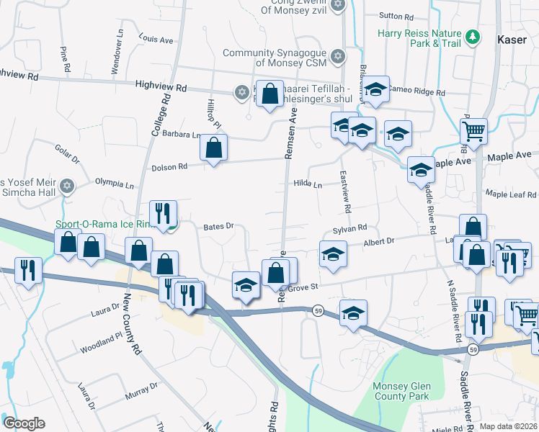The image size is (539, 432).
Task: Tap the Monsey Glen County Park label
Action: (401, 391)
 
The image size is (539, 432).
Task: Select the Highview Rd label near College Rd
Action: (161, 87)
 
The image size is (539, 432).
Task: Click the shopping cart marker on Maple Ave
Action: (473, 132)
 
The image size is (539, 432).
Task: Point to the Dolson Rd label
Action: (169, 167)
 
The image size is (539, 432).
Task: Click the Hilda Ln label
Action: (307, 184)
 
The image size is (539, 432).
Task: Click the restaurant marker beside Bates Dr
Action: (163, 212)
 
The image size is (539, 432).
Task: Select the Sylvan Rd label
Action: (351, 228)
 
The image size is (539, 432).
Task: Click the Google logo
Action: (24, 423)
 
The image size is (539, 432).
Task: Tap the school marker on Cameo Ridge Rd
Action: (375, 90)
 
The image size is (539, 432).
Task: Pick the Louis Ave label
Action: (156, 39)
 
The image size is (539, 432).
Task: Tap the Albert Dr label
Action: (380, 243)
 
